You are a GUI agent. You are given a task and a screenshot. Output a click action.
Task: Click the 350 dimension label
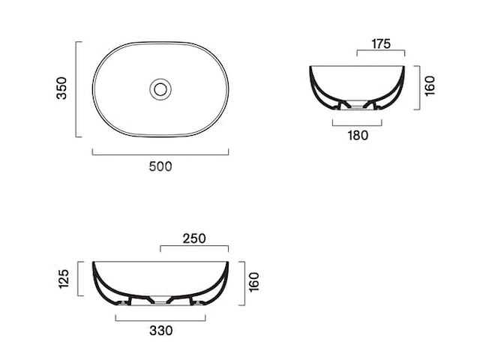61,88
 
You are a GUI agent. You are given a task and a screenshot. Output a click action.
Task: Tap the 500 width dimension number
160,166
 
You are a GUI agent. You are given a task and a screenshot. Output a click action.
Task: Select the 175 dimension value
381,43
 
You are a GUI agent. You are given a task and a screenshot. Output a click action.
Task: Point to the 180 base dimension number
358,135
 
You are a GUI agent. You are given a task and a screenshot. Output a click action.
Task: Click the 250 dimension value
194,238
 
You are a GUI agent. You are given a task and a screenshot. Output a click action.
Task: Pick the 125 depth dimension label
64,278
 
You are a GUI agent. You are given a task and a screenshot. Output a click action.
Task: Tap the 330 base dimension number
161,331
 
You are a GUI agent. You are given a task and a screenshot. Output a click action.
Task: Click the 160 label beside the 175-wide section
430,86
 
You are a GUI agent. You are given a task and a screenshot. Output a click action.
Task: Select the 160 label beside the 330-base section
253,282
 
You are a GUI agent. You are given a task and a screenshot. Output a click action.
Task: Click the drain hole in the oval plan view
160,89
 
